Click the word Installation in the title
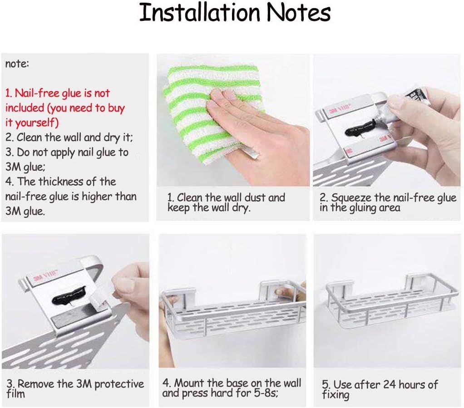click(199, 12)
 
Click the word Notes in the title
click(299, 12)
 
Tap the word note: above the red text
click(17, 64)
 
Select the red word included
click(25, 108)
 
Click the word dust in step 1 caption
click(255, 197)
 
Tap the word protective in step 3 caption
click(119, 384)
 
